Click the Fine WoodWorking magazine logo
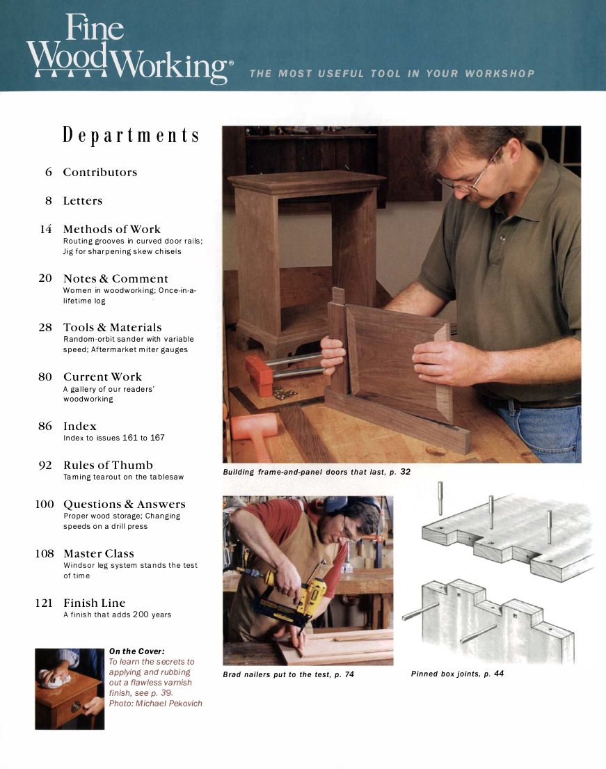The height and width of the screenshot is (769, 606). [x=129, y=50]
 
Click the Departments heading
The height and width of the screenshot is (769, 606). [x=131, y=135]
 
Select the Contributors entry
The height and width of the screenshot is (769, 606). [x=100, y=173]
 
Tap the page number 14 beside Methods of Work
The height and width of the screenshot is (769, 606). [x=46, y=229]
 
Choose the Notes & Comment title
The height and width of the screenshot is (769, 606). [x=115, y=278]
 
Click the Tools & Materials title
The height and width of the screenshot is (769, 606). [x=112, y=327]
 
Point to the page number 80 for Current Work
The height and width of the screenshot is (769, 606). [x=45, y=376]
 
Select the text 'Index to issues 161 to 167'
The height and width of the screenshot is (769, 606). [x=113, y=438]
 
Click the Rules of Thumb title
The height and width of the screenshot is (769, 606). [x=108, y=465]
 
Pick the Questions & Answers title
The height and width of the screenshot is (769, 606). [x=124, y=504]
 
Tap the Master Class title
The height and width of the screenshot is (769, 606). [x=98, y=553]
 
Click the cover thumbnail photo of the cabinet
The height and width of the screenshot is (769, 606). [x=70, y=688]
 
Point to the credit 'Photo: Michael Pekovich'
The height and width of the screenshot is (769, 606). [x=155, y=703]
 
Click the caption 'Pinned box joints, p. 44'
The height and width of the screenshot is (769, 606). [x=457, y=674]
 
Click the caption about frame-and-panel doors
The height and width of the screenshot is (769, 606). [x=316, y=472]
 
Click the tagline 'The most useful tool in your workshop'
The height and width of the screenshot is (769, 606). [x=392, y=73]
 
